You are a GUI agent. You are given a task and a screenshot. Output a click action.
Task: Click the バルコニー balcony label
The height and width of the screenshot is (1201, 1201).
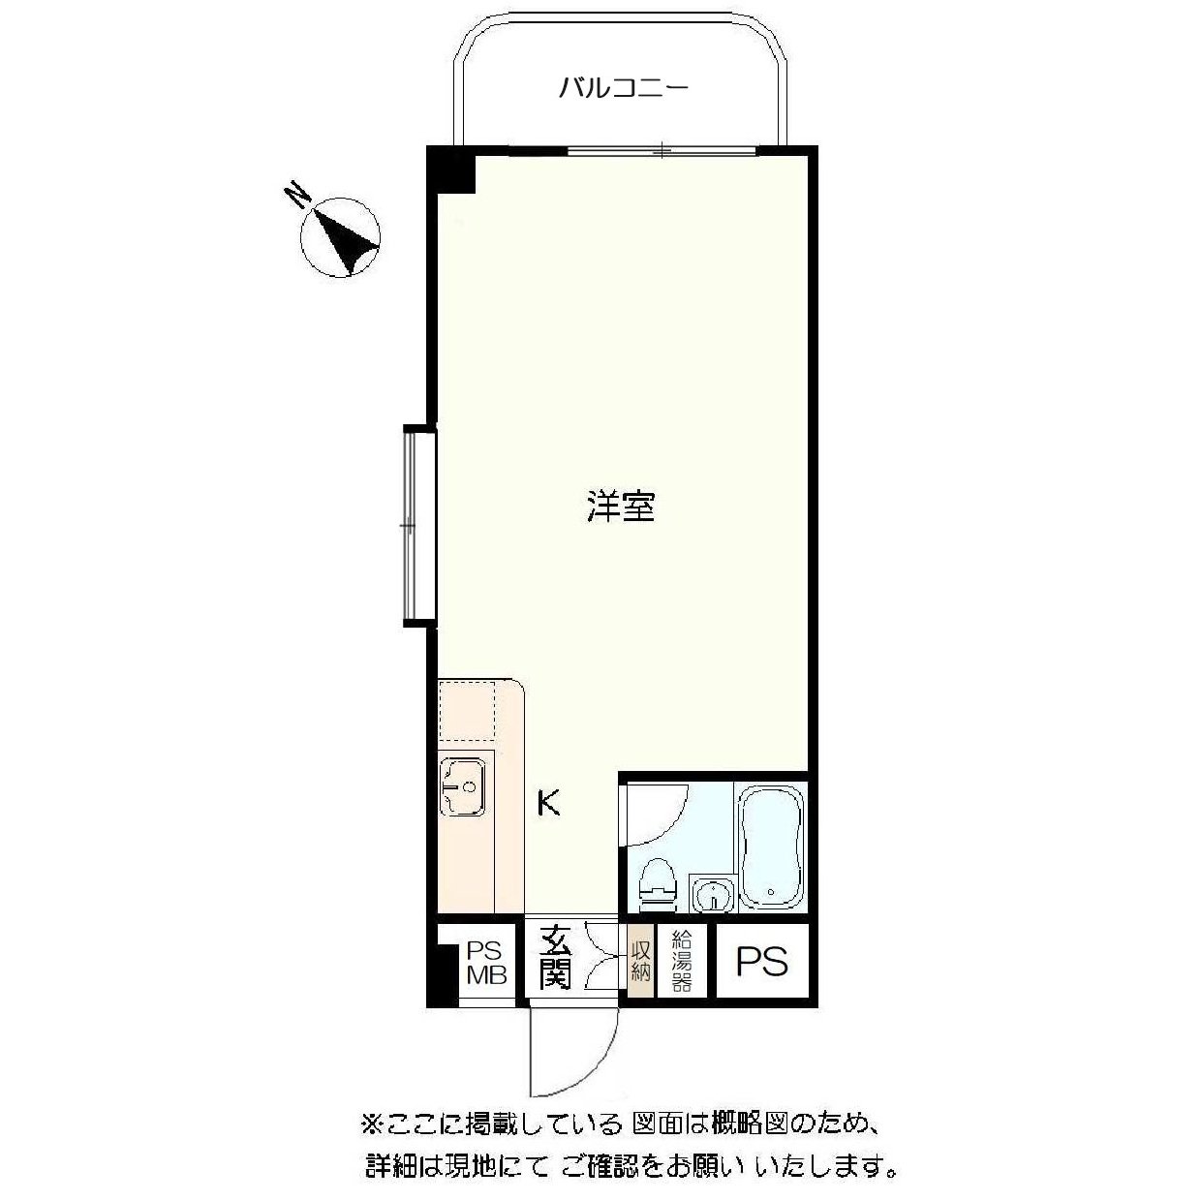(x=623, y=89)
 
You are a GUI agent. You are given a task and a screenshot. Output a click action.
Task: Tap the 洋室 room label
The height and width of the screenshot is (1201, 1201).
(x=620, y=507)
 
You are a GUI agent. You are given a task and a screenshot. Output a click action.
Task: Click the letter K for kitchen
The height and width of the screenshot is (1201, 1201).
(x=549, y=803)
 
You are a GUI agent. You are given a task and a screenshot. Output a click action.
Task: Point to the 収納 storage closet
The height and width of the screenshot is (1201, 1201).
(x=640, y=959)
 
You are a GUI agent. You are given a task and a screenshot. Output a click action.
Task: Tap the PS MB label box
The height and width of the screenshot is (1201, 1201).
(x=487, y=962)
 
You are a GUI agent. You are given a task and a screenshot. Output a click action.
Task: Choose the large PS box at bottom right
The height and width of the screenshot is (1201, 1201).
(x=761, y=962)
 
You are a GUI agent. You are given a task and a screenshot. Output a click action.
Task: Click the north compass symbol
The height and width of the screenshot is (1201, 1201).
(x=341, y=237)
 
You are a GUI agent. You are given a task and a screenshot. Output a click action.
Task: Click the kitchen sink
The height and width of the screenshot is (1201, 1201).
(x=464, y=785)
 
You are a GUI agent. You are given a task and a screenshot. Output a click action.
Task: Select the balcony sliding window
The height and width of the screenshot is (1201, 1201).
(x=662, y=150)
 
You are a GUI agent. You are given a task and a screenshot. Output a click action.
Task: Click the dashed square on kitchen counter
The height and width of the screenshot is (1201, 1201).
(x=467, y=712)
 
